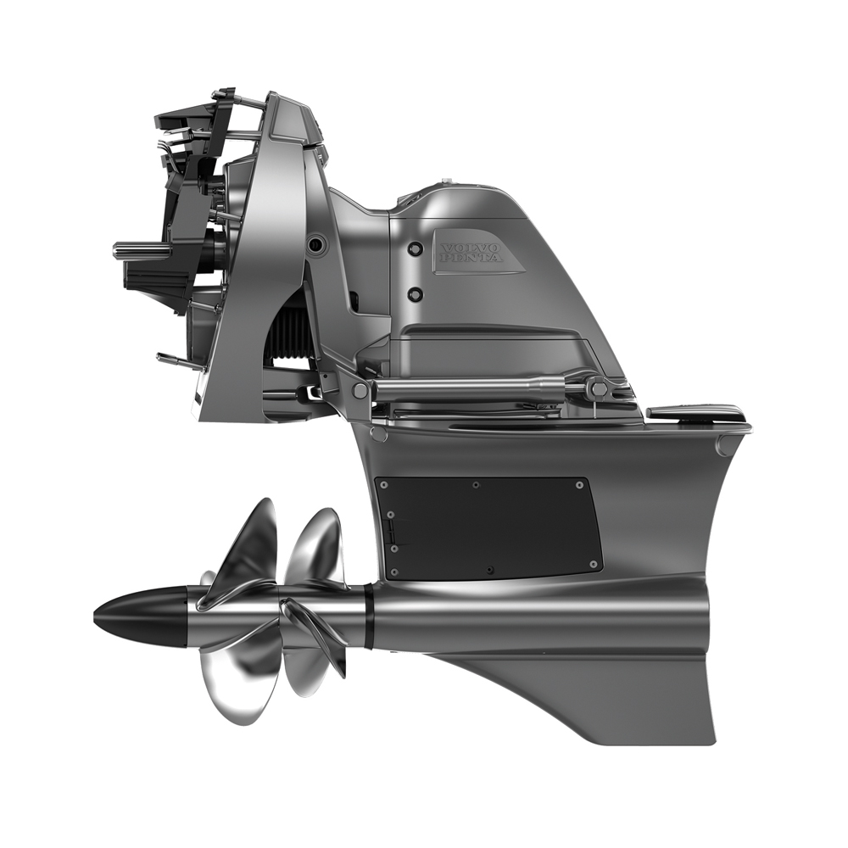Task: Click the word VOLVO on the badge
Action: (x=471, y=249)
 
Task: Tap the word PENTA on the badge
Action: (x=471, y=259)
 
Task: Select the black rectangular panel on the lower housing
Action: (x=488, y=528)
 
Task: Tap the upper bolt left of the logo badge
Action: (x=415, y=248)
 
